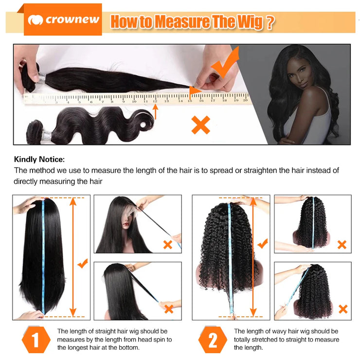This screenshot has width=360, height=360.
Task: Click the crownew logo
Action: [x=63, y=20]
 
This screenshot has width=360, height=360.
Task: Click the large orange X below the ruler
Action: [x=200, y=125]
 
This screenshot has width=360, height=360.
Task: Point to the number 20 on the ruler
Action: [x=245, y=100]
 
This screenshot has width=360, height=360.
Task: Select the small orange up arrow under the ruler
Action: [x=156, y=112]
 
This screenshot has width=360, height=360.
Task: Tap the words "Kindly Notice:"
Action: [x=39, y=159]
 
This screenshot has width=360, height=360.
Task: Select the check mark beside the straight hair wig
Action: [x=83, y=263]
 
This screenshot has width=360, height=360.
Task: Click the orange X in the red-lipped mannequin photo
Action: [x=168, y=245]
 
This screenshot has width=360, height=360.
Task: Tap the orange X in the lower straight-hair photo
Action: [x=169, y=308]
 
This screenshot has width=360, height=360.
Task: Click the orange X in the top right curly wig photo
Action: [x=342, y=245]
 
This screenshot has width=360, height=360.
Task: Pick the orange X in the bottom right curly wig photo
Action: [x=343, y=309]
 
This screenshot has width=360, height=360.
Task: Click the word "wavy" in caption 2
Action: [x=276, y=331]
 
